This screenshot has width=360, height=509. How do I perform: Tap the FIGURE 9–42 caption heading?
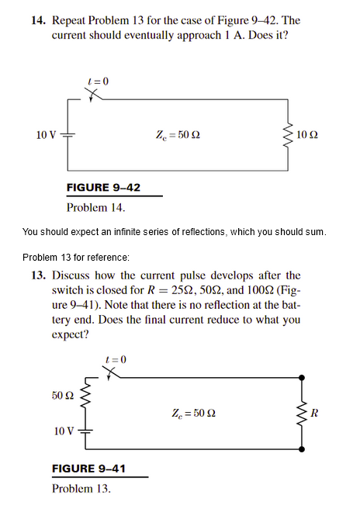(x=103, y=187)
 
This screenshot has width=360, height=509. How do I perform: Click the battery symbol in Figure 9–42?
(x=67, y=136)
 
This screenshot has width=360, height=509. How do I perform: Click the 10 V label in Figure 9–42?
(x=46, y=136)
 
